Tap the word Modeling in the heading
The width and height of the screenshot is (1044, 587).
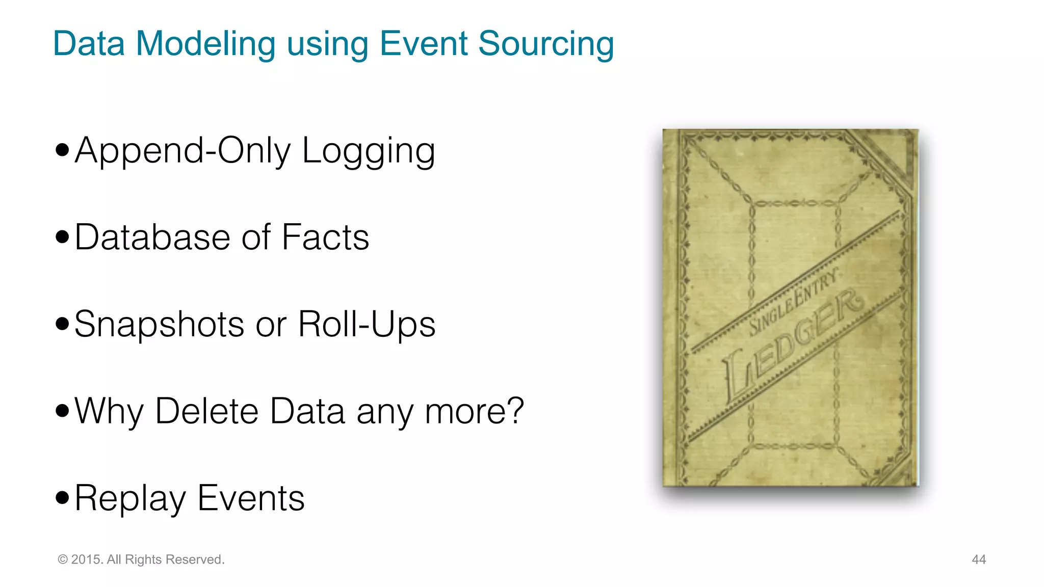[x=205, y=44]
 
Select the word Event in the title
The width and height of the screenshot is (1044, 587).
[x=424, y=43]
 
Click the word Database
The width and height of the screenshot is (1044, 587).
[x=152, y=237]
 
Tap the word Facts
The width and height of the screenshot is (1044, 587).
[x=325, y=237]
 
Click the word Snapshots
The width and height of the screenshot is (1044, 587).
[x=159, y=324]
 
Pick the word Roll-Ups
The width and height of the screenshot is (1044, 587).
[x=367, y=324]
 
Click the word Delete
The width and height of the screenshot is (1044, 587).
[x=207, y=411]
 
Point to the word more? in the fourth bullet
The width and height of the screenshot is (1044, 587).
[x=474, y=411]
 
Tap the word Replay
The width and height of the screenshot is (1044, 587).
[x=130, y=498]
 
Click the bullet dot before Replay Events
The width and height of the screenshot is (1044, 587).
[x=62, y=497]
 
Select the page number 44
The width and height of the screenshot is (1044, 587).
[x=979, y=559]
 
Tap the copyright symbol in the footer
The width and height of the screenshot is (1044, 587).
[x=63, y=559]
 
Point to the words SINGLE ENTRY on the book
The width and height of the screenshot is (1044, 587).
[x=793, y=304]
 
